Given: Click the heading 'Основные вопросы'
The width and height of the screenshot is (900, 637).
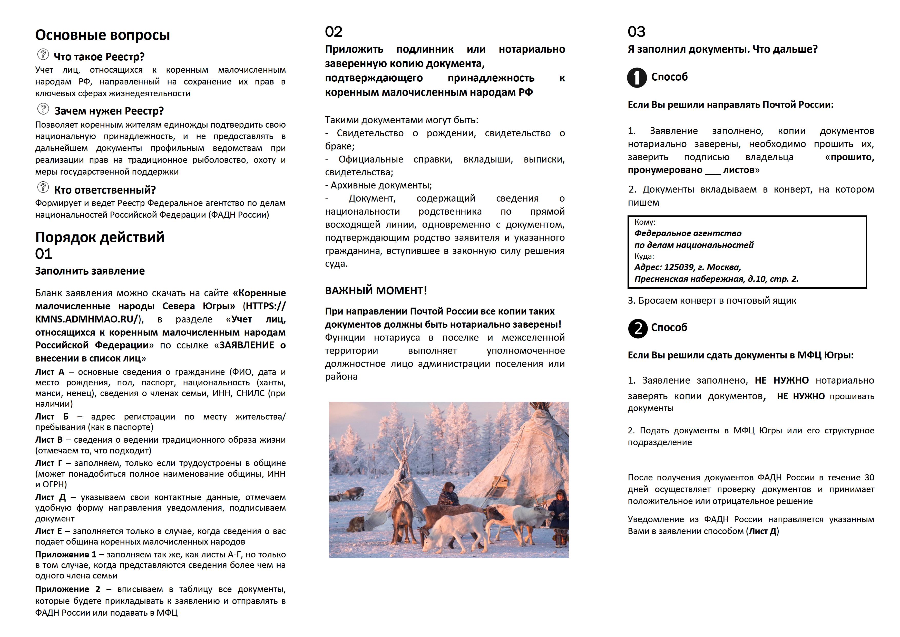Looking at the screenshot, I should click(103, 35).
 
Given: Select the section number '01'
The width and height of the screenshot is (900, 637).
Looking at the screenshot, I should click(44, 254).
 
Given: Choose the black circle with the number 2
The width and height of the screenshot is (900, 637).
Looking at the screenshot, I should click(637, 328).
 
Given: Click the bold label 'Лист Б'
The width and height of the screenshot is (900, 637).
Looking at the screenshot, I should click(52, 416).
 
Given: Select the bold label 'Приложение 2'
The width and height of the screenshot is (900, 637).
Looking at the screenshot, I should click(67, 589).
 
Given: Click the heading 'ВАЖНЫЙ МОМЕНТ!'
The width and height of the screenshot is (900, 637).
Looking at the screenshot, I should click(376, 291).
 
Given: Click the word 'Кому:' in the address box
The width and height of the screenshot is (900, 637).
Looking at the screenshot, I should click(645, 222).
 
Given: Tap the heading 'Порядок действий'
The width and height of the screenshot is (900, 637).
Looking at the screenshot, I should click(100, 237).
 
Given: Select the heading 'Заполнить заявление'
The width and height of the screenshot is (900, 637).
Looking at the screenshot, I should click(90, 271).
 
